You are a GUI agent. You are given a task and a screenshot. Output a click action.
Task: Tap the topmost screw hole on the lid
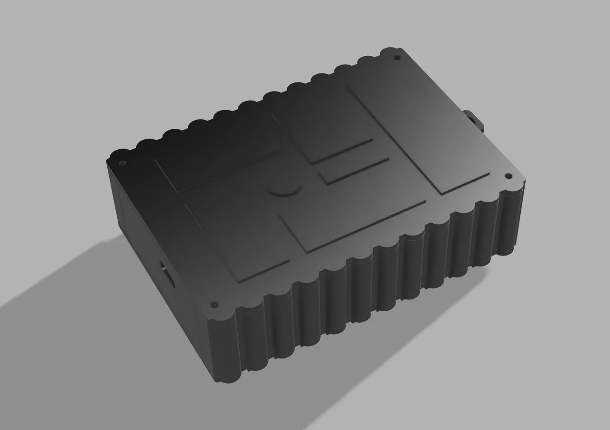[397, 58]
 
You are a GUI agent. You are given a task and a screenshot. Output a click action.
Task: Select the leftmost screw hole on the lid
[121, 163]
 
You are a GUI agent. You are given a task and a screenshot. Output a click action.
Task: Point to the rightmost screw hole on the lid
[508, 176]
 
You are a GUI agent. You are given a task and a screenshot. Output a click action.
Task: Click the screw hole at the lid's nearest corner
[214, 304]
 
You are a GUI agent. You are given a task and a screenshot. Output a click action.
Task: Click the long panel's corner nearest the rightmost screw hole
[489, 174]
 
